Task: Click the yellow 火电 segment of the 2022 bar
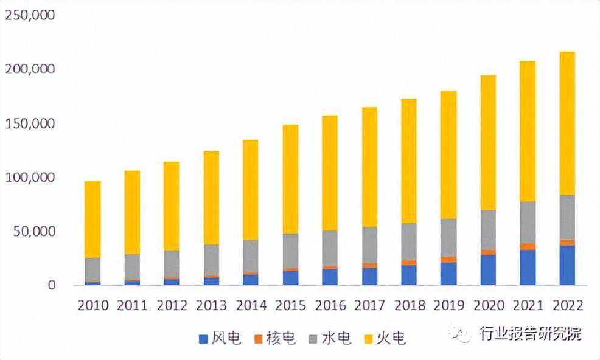(x=567, y=123)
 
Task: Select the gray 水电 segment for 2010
(x=92, y=270)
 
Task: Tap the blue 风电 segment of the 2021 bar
(x=528, y=268)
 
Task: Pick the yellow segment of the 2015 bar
(x=290, y=179)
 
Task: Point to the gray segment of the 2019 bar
(x=448, y=238)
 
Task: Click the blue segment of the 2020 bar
(x=488, y=270)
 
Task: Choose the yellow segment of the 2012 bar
(x=172, y=206)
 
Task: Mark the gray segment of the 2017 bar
(x=369, y=245)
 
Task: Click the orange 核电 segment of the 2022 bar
(x=567, y=243)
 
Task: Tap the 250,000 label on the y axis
(x=30, y=15)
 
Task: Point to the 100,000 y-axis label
(x=30, y=178)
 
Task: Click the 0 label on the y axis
(x=51, y=285)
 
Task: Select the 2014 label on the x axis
(x=251, y=305)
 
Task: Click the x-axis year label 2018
(x=410, y=305)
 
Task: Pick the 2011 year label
(x=132, y=305)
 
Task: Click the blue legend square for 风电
(x=204, y=339)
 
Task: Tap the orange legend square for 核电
(x=259, y=339)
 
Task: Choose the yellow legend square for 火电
(x=369, y=339)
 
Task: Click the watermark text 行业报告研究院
(x=531, y=334)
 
